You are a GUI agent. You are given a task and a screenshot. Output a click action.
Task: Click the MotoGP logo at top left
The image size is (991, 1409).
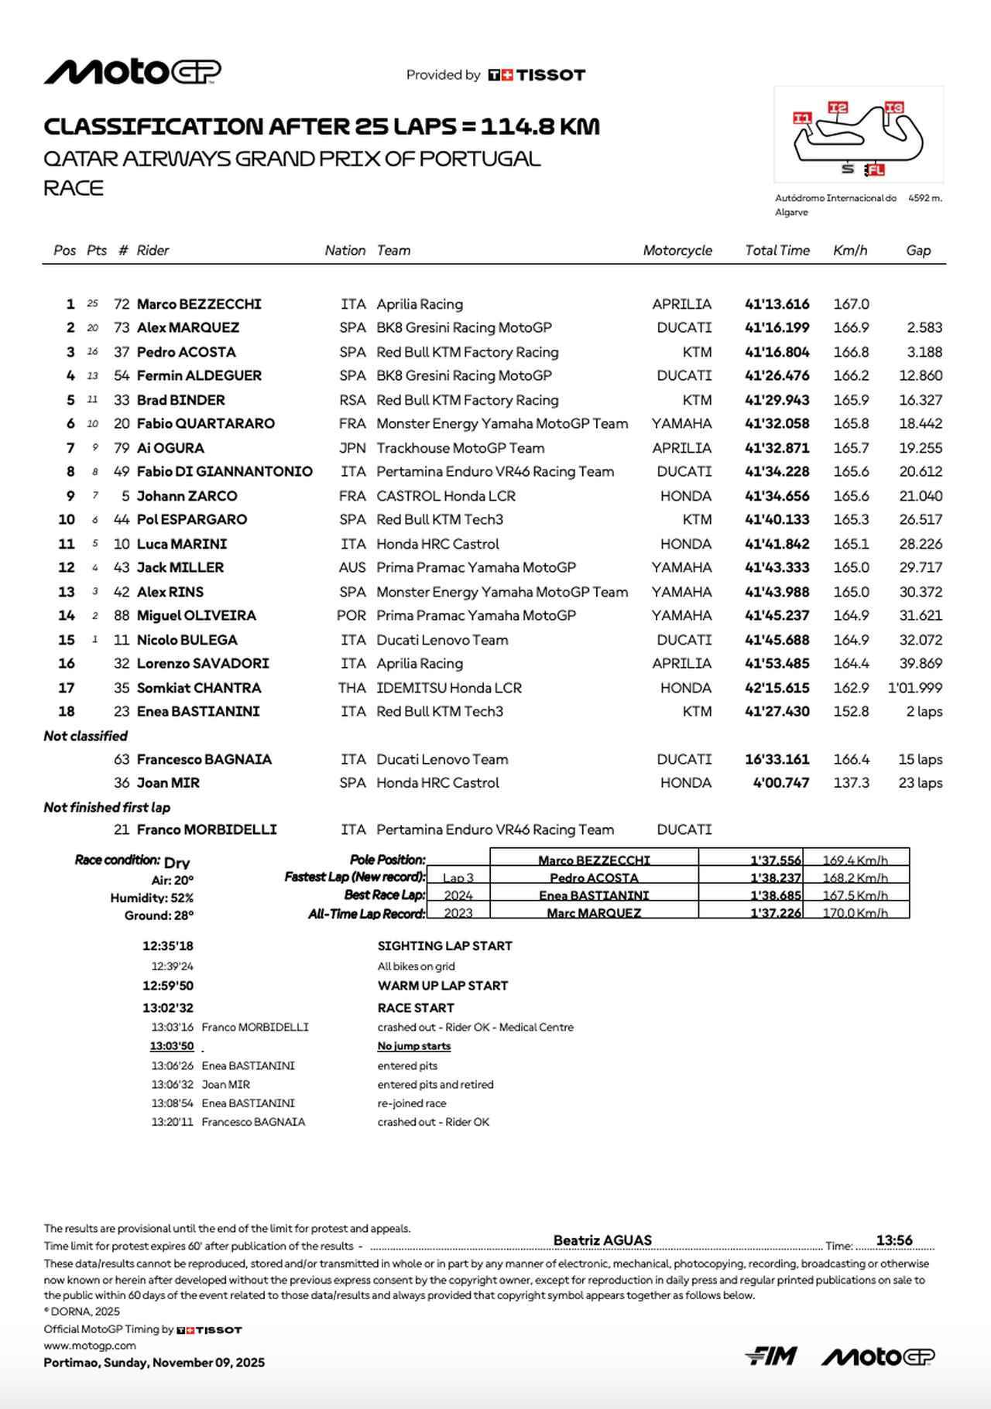pyautogui.click(x=132, y=72)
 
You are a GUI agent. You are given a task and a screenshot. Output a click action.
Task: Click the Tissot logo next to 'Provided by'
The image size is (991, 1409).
pyautogui.click(x=537, y=75)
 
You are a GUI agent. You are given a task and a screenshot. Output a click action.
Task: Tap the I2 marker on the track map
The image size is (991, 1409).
pyautogui.click(x=838, y=108)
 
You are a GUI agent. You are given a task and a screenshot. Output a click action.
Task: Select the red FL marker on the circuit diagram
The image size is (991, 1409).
pyautogui.click(x=875, y=169)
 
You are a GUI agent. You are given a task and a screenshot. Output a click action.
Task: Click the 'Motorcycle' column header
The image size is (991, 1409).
pyautogui.click(x=677, y=250)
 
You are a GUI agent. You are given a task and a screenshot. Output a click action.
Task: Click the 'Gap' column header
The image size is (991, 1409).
pyautogui.click(x=918, y=250)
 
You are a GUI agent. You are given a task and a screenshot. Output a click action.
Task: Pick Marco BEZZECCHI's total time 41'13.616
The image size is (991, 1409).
pyautogui.click(x=777, y=304)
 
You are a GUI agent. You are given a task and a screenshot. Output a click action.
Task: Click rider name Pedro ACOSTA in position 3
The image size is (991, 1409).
pyautogui.click(x=186, y=352)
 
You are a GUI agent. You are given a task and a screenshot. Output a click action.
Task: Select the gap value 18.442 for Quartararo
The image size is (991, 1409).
pyautogui.click(x=920, y=423)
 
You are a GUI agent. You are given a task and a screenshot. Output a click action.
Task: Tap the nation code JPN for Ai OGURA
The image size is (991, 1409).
pyautogui.click(x=351, y=448)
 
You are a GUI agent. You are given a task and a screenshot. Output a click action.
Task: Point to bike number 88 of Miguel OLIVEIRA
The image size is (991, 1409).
pyautogui.click(x=122, y=616)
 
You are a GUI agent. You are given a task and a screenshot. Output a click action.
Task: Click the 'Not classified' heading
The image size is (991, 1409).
pyautogui.click(x=85, y=736)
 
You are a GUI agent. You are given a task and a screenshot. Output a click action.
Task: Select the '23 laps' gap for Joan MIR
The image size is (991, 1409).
pyautogui.click(x=920, y=783)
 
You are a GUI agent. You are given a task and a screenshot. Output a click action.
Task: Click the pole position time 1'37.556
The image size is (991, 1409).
pyautogui.click(x=775, y=860)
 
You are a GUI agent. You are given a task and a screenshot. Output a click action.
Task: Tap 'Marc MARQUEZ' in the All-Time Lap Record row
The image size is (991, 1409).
pyautogui.click(x=594, y=913)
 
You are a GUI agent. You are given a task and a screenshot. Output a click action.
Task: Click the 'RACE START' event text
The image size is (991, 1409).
pyautogui.click(x=416, y=1007)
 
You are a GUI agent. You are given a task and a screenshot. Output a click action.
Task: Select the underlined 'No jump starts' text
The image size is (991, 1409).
pyautogui.click(x=414, y=1046)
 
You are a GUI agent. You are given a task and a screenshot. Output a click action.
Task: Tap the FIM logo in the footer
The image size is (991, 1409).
pyautogui.click(x=770, y=1356)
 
